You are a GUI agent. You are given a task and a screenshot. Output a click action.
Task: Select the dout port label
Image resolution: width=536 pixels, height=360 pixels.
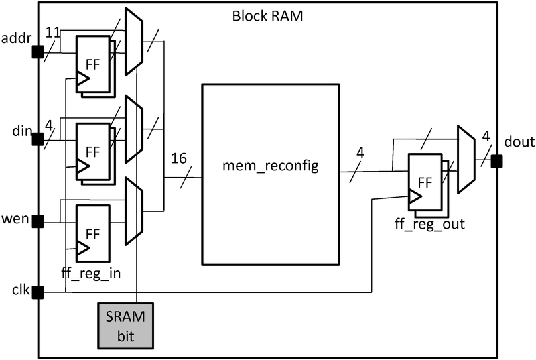pyautogui.click(x=519, y=142)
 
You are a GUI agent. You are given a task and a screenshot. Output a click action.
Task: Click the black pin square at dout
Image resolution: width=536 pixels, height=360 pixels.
pyautogui.click(x=496, y=161)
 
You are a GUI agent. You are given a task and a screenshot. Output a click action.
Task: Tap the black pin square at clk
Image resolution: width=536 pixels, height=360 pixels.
pyautogui.click(x=38, y=292)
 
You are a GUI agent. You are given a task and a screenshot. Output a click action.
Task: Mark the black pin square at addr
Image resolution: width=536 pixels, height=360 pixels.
pyautogui.click(x=38, y=51)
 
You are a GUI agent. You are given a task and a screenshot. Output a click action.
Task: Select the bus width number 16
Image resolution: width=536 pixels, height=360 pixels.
pyautogui.click(x=178, y=160)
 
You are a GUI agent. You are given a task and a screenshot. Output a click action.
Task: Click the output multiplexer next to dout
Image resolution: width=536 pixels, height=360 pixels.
pyautogui.click(x=466, y=160)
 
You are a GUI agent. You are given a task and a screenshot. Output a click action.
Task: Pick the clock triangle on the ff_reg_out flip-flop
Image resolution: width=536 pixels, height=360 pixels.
pyautogui.click(x=415, y=196)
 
